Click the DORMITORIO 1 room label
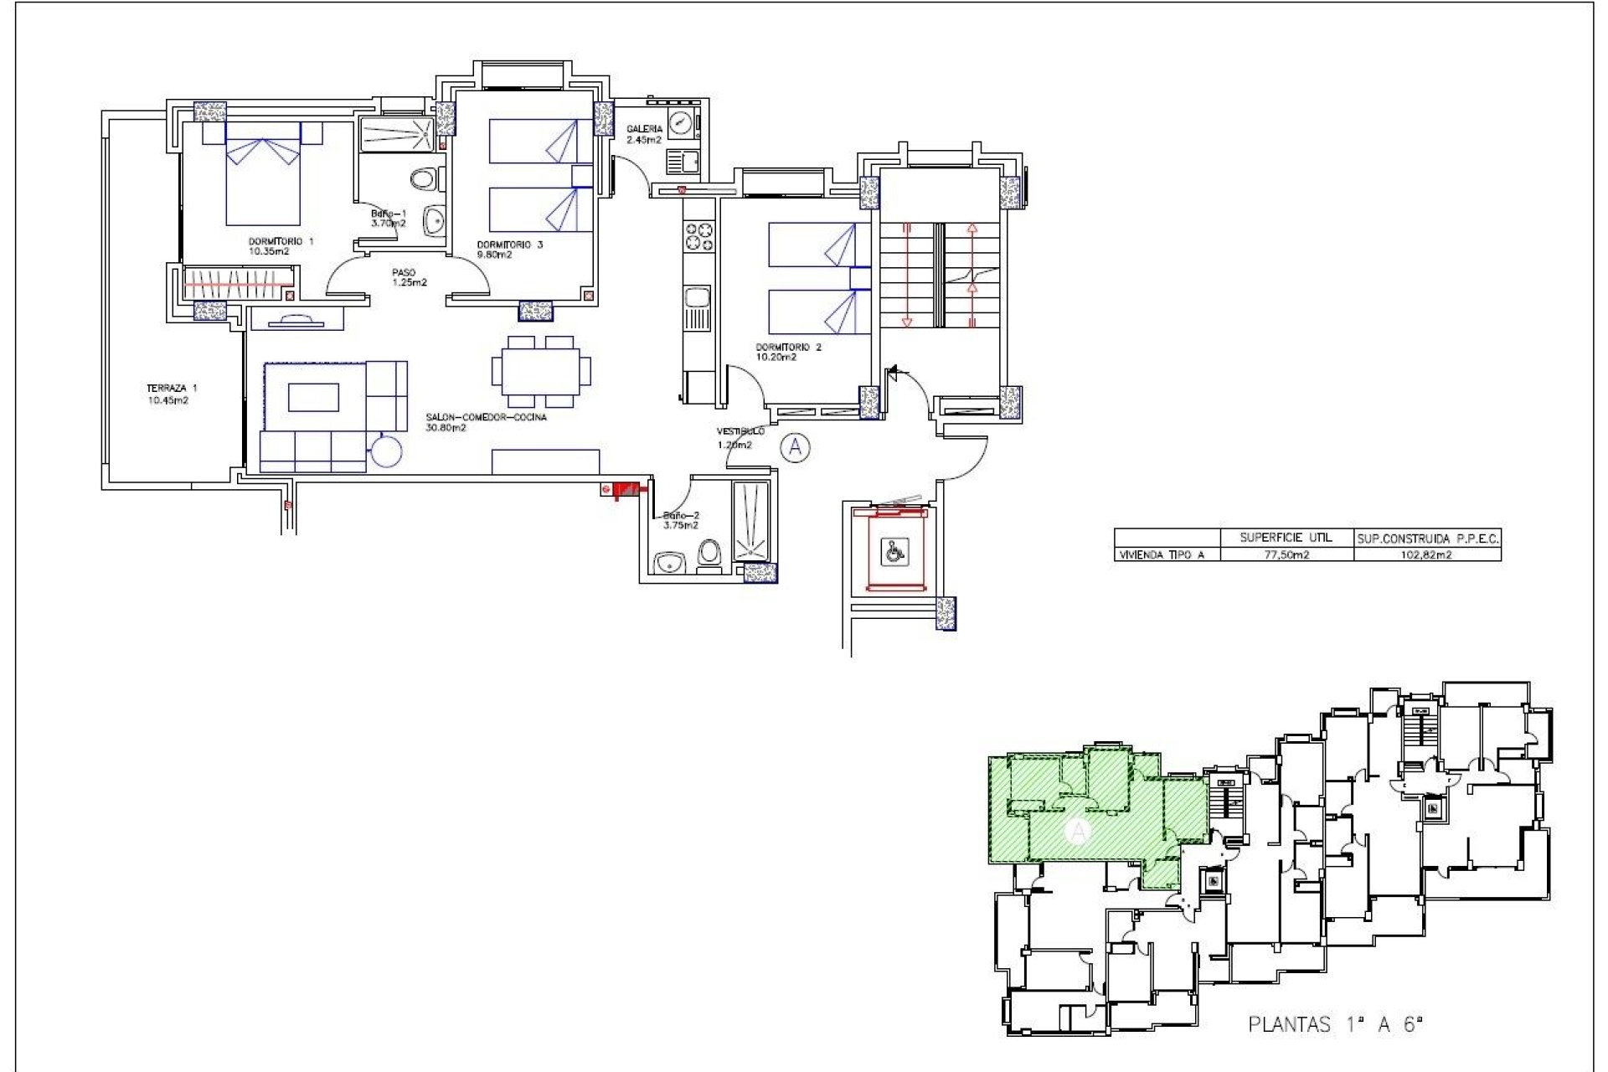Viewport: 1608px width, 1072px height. click(x=281, y=245)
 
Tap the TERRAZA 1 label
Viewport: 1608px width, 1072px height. click(x=171, y=394)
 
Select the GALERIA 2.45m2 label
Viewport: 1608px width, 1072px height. click(x=644, y=134)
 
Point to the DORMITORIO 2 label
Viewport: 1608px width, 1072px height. click(x=788, y=352)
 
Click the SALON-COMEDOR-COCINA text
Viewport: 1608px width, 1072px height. click(x=486, y=422)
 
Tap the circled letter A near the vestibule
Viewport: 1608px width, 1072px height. click(x=795, y=448)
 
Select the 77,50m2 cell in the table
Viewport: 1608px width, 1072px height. click(x=1286, y=554)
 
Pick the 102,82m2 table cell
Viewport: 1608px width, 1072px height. click(x=1426, y=554)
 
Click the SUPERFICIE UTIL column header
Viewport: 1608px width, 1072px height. click(x=1286, y=538)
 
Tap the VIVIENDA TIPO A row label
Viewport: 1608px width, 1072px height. click(x=1164, y=554)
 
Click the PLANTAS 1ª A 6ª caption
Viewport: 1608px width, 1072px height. click(x=1336, y=1024)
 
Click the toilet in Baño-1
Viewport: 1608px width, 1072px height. click(x=425, y=178)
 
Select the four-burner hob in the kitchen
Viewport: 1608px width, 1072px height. click(x=698, y=235)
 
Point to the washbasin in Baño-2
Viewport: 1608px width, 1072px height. click(x=669, y=564)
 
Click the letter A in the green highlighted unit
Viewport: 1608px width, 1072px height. click(x=1079, y=832)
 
